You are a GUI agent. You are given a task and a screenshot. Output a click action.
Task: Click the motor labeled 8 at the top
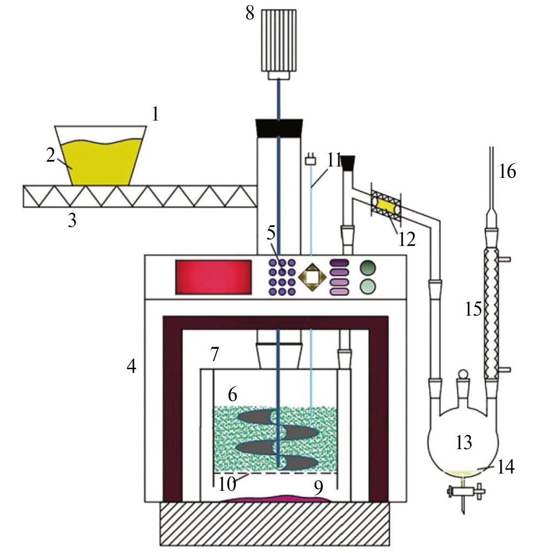tap(278, 41)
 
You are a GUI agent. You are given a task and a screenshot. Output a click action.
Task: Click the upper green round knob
tap(368, 266)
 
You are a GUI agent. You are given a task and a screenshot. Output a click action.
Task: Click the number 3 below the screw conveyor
tap(71, 221)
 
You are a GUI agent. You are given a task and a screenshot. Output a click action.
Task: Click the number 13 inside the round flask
tap(463, 442)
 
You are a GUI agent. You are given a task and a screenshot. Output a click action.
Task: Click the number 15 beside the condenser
tap(474, 309)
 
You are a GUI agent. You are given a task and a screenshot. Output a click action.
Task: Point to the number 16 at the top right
tap(508, 171)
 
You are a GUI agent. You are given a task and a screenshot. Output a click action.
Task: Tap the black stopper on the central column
tap(278, 128)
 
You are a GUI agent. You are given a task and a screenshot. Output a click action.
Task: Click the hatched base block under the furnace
tap(274, 523)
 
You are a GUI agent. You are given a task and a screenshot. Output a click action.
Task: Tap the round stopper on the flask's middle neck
tap(463, 375)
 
